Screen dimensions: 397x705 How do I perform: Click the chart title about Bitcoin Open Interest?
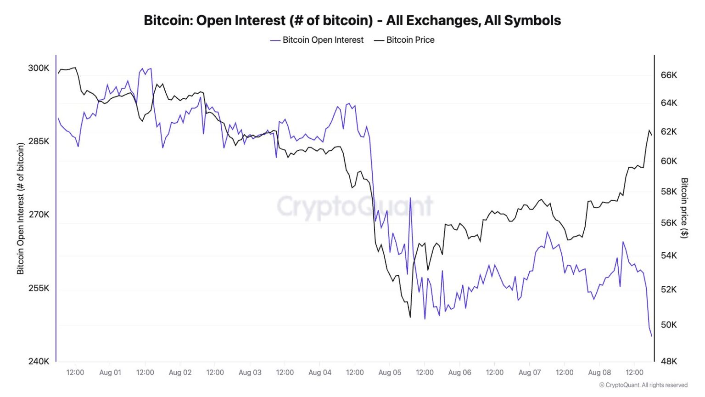click(352, 21)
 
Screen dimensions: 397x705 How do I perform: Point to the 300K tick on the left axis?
click(39, 68)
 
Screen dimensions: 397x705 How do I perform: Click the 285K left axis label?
click(39, 141)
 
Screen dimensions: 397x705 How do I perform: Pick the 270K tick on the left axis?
click(39, 215)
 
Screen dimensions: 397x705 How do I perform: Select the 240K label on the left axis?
click(39, 361)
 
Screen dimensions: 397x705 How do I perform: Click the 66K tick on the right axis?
click(669, 75)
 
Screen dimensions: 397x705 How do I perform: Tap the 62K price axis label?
click(669, 131)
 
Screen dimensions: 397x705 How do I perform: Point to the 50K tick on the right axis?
click(669, 324)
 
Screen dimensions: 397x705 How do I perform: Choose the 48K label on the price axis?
click(669, 361)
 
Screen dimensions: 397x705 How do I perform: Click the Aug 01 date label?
click(110, 372)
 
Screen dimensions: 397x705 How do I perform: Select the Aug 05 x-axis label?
click(390, 372)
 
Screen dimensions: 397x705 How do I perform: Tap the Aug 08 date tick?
click(599, 372)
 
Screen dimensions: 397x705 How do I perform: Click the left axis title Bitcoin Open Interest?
click(20, 209)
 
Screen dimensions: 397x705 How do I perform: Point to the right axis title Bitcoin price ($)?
click(684, 208)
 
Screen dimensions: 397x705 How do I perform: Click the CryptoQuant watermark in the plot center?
click(355, 206)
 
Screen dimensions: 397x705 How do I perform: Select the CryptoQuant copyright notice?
click(643, 385)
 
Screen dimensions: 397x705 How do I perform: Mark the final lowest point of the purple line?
click(652, 337)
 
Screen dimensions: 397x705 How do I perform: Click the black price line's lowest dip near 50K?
click(410, 317)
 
